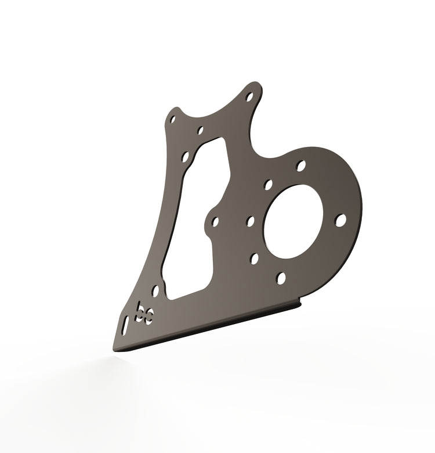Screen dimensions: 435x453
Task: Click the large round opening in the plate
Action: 293,222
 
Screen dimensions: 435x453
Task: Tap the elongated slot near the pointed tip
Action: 125,326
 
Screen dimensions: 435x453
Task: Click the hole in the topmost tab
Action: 249,96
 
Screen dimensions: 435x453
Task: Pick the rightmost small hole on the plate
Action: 340,220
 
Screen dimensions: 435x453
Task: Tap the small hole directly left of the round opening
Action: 251,221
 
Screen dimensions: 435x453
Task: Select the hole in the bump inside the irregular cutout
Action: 215,222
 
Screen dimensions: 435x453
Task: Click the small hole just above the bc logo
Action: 156,291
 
